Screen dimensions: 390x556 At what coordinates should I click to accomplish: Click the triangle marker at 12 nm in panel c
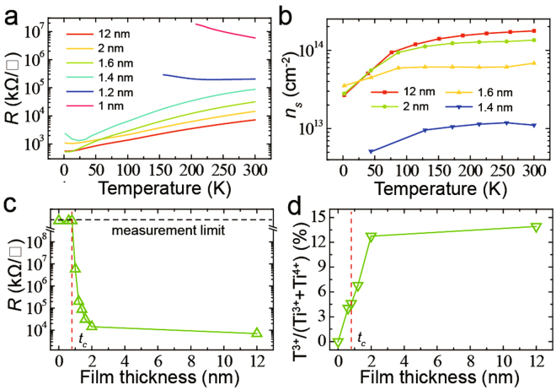pos(257,333)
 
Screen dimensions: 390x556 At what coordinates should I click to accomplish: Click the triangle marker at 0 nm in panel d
pos(338,343)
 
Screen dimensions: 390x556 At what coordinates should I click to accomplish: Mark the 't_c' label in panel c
pos(82,339)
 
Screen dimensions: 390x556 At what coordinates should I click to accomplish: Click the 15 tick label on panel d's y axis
pos(317,218)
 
